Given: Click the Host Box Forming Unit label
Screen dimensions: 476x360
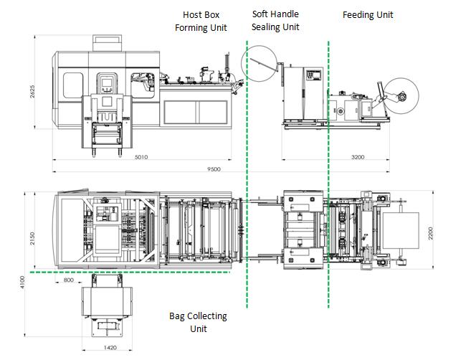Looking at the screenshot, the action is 201,22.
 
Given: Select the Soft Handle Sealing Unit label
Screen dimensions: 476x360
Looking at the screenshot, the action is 275,20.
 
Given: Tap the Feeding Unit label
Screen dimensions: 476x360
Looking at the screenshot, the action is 368,14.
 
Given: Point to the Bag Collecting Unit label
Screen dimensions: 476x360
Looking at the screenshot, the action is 198,322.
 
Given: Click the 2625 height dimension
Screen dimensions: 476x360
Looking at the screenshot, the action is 32,92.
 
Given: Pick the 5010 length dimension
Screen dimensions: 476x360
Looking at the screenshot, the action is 141,157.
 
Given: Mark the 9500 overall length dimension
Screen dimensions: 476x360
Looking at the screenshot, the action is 214,169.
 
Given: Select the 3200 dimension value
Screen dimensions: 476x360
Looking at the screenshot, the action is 358,157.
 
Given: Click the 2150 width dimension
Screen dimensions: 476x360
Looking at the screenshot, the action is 32,239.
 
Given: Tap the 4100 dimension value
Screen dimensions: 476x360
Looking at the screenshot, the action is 22,282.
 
